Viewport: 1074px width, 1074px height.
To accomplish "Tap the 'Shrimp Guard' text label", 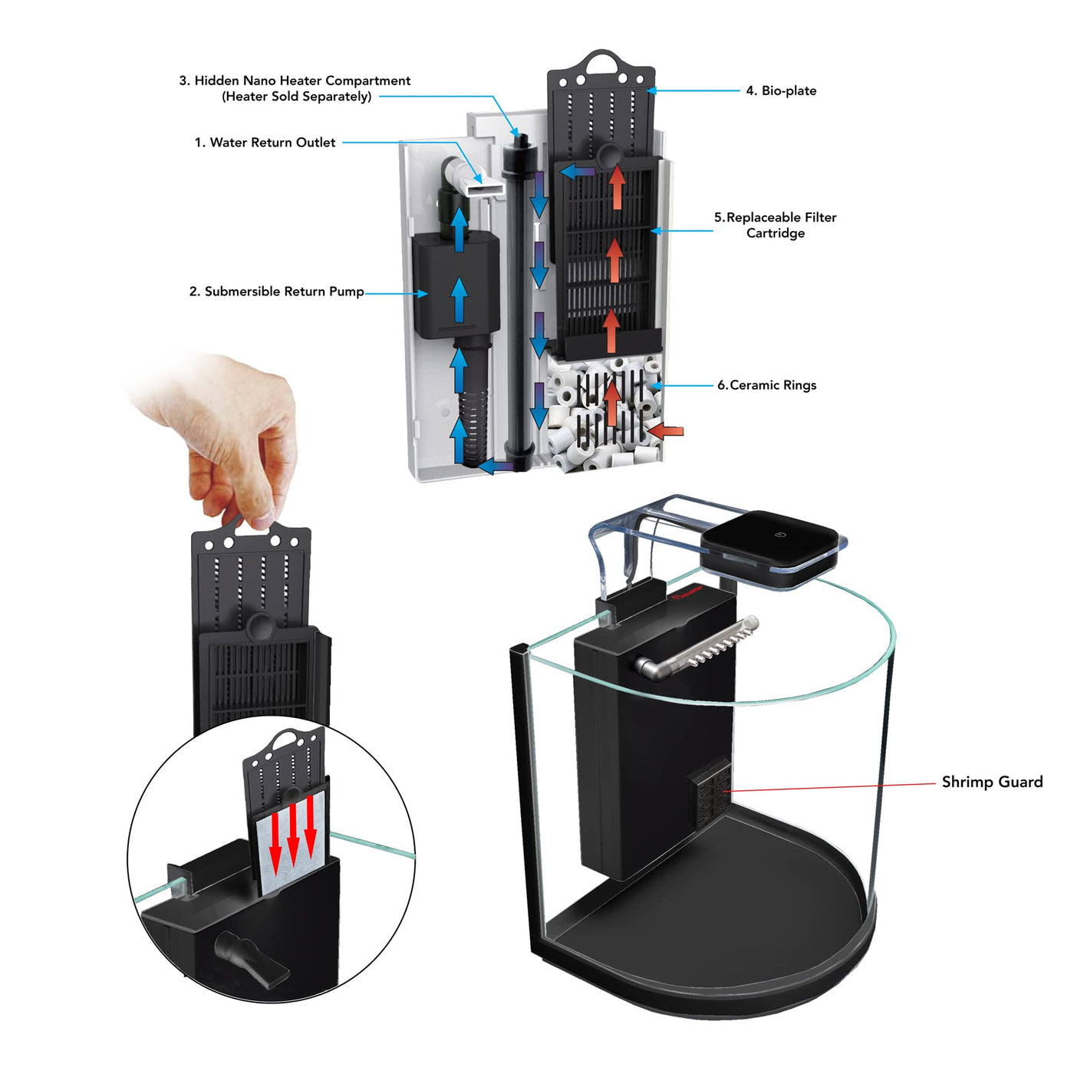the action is point(991,782).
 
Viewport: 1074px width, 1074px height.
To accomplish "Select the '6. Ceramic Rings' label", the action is point(766,385).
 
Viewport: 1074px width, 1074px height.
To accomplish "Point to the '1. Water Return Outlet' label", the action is point(265,143).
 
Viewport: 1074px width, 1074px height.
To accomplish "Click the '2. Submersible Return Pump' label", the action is point(276,292).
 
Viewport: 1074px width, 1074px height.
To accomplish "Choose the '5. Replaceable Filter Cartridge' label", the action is point(776,226).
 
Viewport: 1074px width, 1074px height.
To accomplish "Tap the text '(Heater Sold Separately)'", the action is point(297,97).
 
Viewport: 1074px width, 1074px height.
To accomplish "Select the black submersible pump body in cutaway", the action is point(456,285).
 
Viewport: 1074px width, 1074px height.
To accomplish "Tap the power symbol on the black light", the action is point(781,535).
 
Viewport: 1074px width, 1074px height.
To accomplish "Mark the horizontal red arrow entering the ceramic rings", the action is point(665,431).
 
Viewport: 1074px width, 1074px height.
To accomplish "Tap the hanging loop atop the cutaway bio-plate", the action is point(601,59).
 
